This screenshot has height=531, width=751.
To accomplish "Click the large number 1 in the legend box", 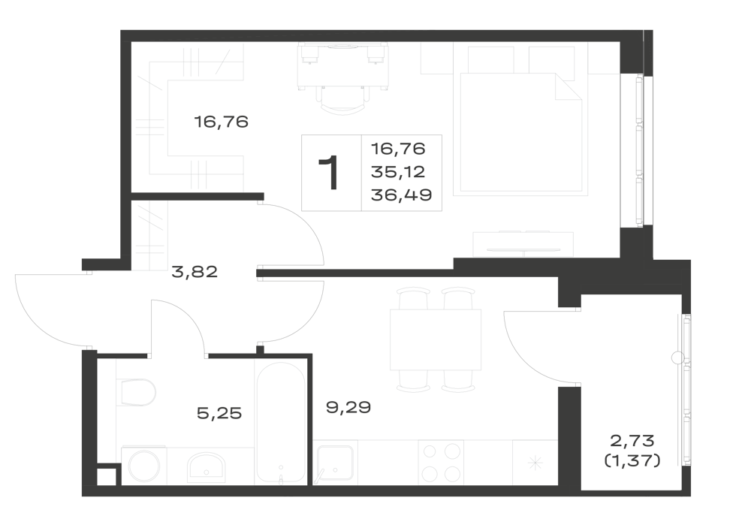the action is [329, 173].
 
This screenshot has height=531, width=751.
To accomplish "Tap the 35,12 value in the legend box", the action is [398, 171].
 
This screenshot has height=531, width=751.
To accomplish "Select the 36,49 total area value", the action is [401, 195].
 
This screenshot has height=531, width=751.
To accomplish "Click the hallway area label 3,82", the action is [195, 272].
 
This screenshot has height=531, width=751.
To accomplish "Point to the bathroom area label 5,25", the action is [219, 413].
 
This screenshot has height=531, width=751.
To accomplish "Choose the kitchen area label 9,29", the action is [348, 408].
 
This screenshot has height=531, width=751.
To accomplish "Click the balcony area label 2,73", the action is [632, 439].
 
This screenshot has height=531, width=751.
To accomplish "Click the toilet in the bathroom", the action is [136, 392].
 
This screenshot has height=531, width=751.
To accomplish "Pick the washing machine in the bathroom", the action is [143, 466].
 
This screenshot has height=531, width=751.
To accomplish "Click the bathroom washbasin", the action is [207, 466].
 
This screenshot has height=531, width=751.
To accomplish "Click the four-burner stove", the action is [439, 463].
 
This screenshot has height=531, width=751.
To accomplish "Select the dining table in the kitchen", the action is [436, 339].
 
